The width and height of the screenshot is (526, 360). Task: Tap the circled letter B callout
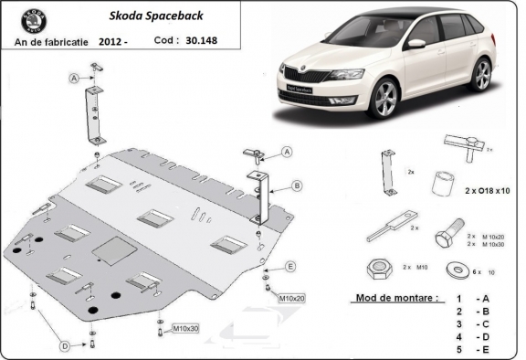[x=297, y=185]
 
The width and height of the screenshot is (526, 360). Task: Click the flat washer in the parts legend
[x=455, y=271]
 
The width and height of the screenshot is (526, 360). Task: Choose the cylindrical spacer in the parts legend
[x=444, y=182]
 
